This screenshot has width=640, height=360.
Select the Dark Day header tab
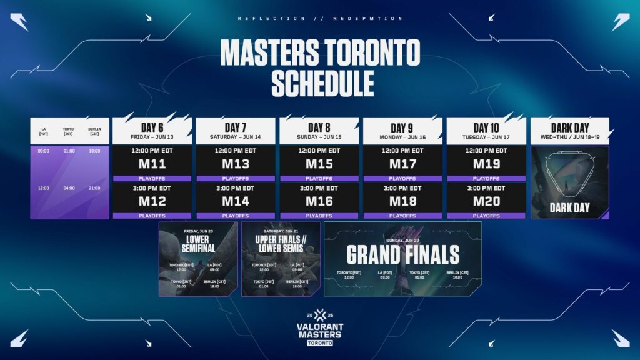570,127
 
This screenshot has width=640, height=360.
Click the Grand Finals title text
402,254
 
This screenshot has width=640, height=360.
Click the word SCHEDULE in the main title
319,84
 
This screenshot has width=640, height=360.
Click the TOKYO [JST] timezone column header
69,132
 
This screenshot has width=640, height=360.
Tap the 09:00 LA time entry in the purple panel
43,151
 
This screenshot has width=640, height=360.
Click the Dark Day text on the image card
570,207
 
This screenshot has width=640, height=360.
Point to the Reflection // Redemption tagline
319,19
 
